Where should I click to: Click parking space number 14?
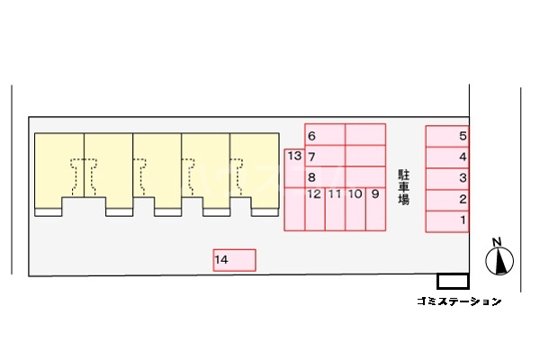[x=235, y=260]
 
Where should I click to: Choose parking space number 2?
[x=447, y=200]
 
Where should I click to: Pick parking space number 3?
[x=447, y=178]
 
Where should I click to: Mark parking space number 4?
[x=447, y=157]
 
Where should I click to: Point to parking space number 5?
[x=447, y=136]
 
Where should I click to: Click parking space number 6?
[x=325, y=135]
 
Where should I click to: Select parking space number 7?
[x=325, y=156]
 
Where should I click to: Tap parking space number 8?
[x=325, y=176]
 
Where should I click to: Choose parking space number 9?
[x=375, y=209]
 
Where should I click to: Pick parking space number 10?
[x=355, y=209]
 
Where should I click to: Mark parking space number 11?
[x=335, y=209]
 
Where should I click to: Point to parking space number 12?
[x=314, y=209]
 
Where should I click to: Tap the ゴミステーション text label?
[x=459, y=301]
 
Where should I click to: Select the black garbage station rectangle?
[x=453, y=281]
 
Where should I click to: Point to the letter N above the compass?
[x=497, y=241]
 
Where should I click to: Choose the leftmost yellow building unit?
[x=59, y=171]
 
